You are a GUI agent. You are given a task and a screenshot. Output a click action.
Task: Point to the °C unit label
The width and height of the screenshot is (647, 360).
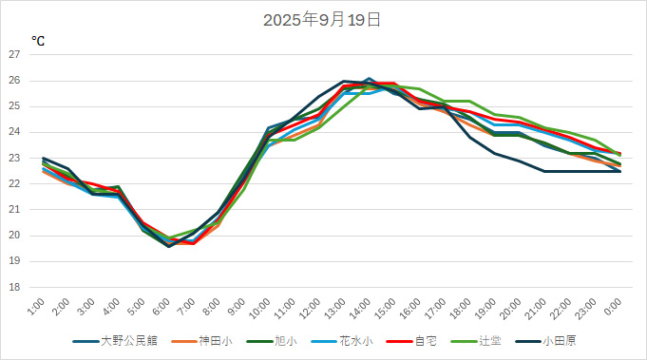37,42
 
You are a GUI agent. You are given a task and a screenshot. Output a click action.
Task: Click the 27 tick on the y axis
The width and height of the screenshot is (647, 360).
14,54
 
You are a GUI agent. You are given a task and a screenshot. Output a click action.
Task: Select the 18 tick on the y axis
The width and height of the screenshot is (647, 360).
14,287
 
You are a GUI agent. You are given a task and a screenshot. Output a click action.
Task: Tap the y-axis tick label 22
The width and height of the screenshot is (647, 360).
14,183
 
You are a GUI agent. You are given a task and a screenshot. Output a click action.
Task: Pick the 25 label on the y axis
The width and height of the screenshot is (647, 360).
14,106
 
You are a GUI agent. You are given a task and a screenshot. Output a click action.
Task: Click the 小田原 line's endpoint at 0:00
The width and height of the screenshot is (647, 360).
620,171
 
